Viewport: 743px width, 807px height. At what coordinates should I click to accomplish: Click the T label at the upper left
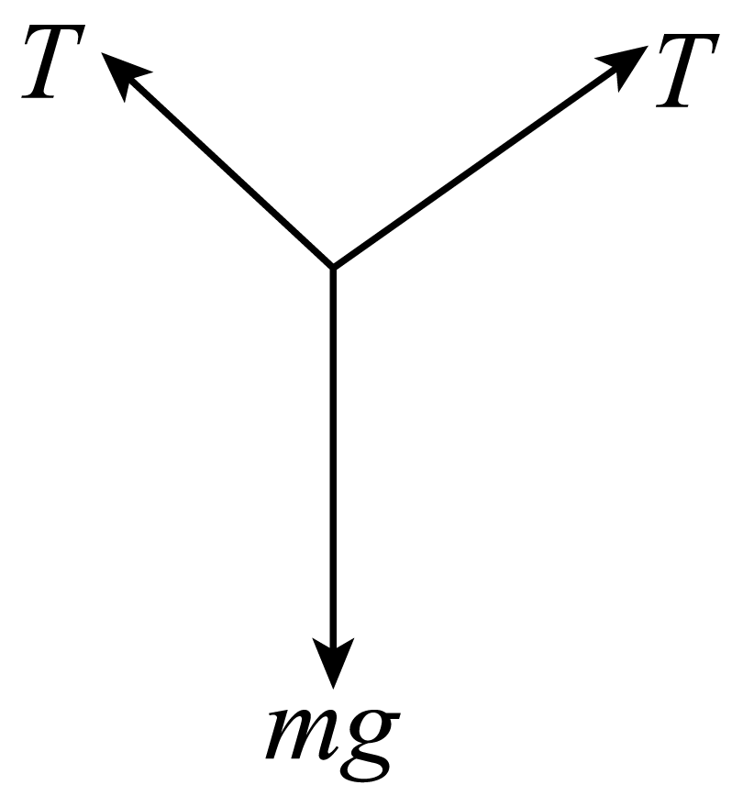53,61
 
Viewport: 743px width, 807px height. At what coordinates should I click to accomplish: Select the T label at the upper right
687,71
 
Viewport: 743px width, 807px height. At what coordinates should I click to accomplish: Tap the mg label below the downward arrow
333,745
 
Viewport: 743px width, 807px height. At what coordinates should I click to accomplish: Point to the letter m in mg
299,735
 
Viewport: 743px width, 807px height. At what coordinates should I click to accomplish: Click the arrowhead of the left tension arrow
124,73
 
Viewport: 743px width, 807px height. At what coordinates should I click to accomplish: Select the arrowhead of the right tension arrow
624,65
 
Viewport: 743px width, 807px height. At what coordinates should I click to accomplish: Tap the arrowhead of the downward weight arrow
334,661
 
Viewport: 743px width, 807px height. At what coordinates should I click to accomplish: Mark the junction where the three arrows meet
334,267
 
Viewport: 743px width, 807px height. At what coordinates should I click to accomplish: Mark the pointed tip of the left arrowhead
102,52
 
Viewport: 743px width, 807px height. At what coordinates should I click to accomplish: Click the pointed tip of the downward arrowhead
334,688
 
